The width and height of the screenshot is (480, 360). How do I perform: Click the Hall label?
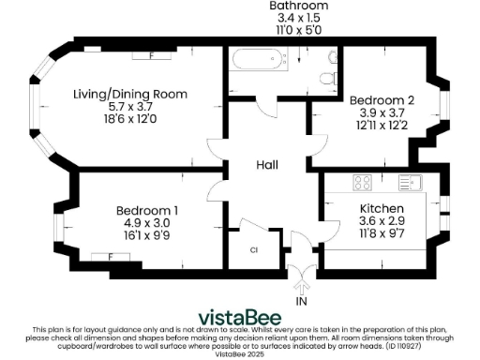tap(267, 165)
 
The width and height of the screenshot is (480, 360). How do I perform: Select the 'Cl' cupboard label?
tap(253, 250)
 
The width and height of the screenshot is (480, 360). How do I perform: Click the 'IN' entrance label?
tap(302, 302)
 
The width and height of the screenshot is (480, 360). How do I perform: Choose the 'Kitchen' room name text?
tap(382, 208)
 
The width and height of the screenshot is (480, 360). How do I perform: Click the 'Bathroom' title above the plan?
tap(295, 6)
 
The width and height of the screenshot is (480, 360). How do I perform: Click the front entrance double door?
tap(302, 277)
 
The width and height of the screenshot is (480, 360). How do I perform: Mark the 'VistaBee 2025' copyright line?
tap(240, 355)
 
